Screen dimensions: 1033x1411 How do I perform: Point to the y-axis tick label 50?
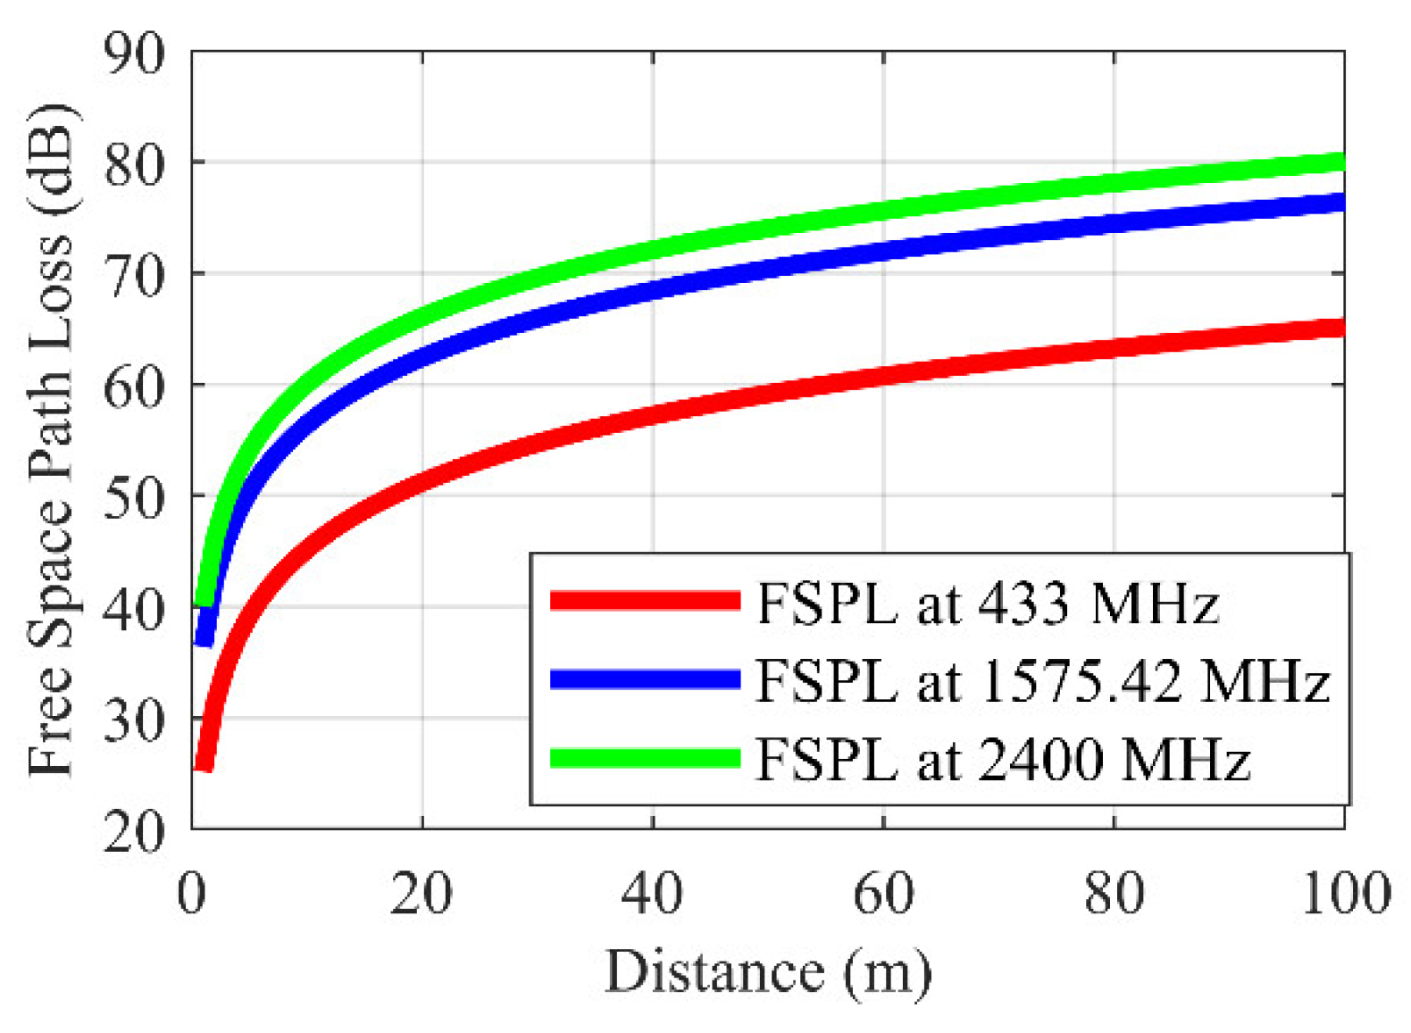click(x=134, y=497)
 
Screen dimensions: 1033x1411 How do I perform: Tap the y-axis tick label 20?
click(x=134, y=832)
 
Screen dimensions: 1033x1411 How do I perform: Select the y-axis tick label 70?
click(x=134, y=276)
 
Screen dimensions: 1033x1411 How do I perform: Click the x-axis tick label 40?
click(x=652, y=893)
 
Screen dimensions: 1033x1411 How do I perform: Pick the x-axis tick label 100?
click(x=1345, y=893)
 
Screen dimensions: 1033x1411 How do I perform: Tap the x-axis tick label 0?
click(x=192, y=893)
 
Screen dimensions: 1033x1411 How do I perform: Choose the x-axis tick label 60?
click(x=883, y=893)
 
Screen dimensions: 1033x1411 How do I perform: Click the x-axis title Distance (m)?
click(x=768, y=971)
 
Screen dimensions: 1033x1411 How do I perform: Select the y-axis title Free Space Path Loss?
click(x=52, y=442)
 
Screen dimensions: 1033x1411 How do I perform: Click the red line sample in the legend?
click(x=645, y=601)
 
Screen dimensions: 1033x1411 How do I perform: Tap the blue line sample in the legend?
click(x=645, y=679)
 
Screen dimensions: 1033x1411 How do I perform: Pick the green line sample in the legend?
click(x=645, y=758)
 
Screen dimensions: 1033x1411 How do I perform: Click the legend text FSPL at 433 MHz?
click(x=987, y=604)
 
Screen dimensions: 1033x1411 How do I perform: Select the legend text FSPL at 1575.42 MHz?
click(x=1042, y=682)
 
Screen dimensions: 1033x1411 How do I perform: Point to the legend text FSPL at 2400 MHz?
click(x=1002, y=761)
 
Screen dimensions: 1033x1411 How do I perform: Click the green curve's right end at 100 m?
click(x=1340, y=162)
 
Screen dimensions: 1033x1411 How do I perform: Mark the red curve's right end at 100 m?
click(x=1340, y=328)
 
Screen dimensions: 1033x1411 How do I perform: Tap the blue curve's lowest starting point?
click(x=205, y=637)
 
